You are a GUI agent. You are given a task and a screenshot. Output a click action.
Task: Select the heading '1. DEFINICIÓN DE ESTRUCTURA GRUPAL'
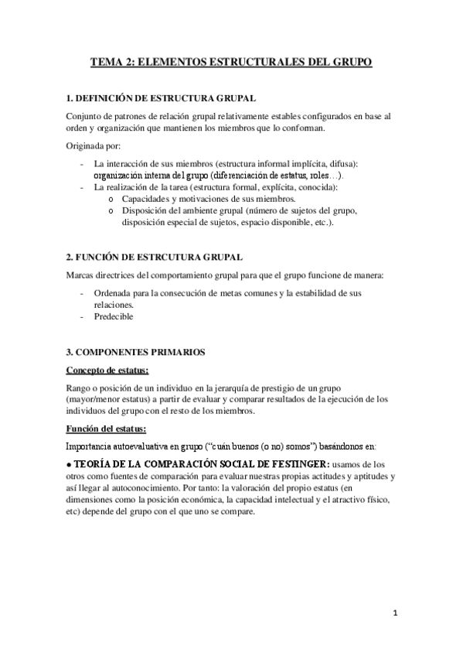point(157,98)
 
